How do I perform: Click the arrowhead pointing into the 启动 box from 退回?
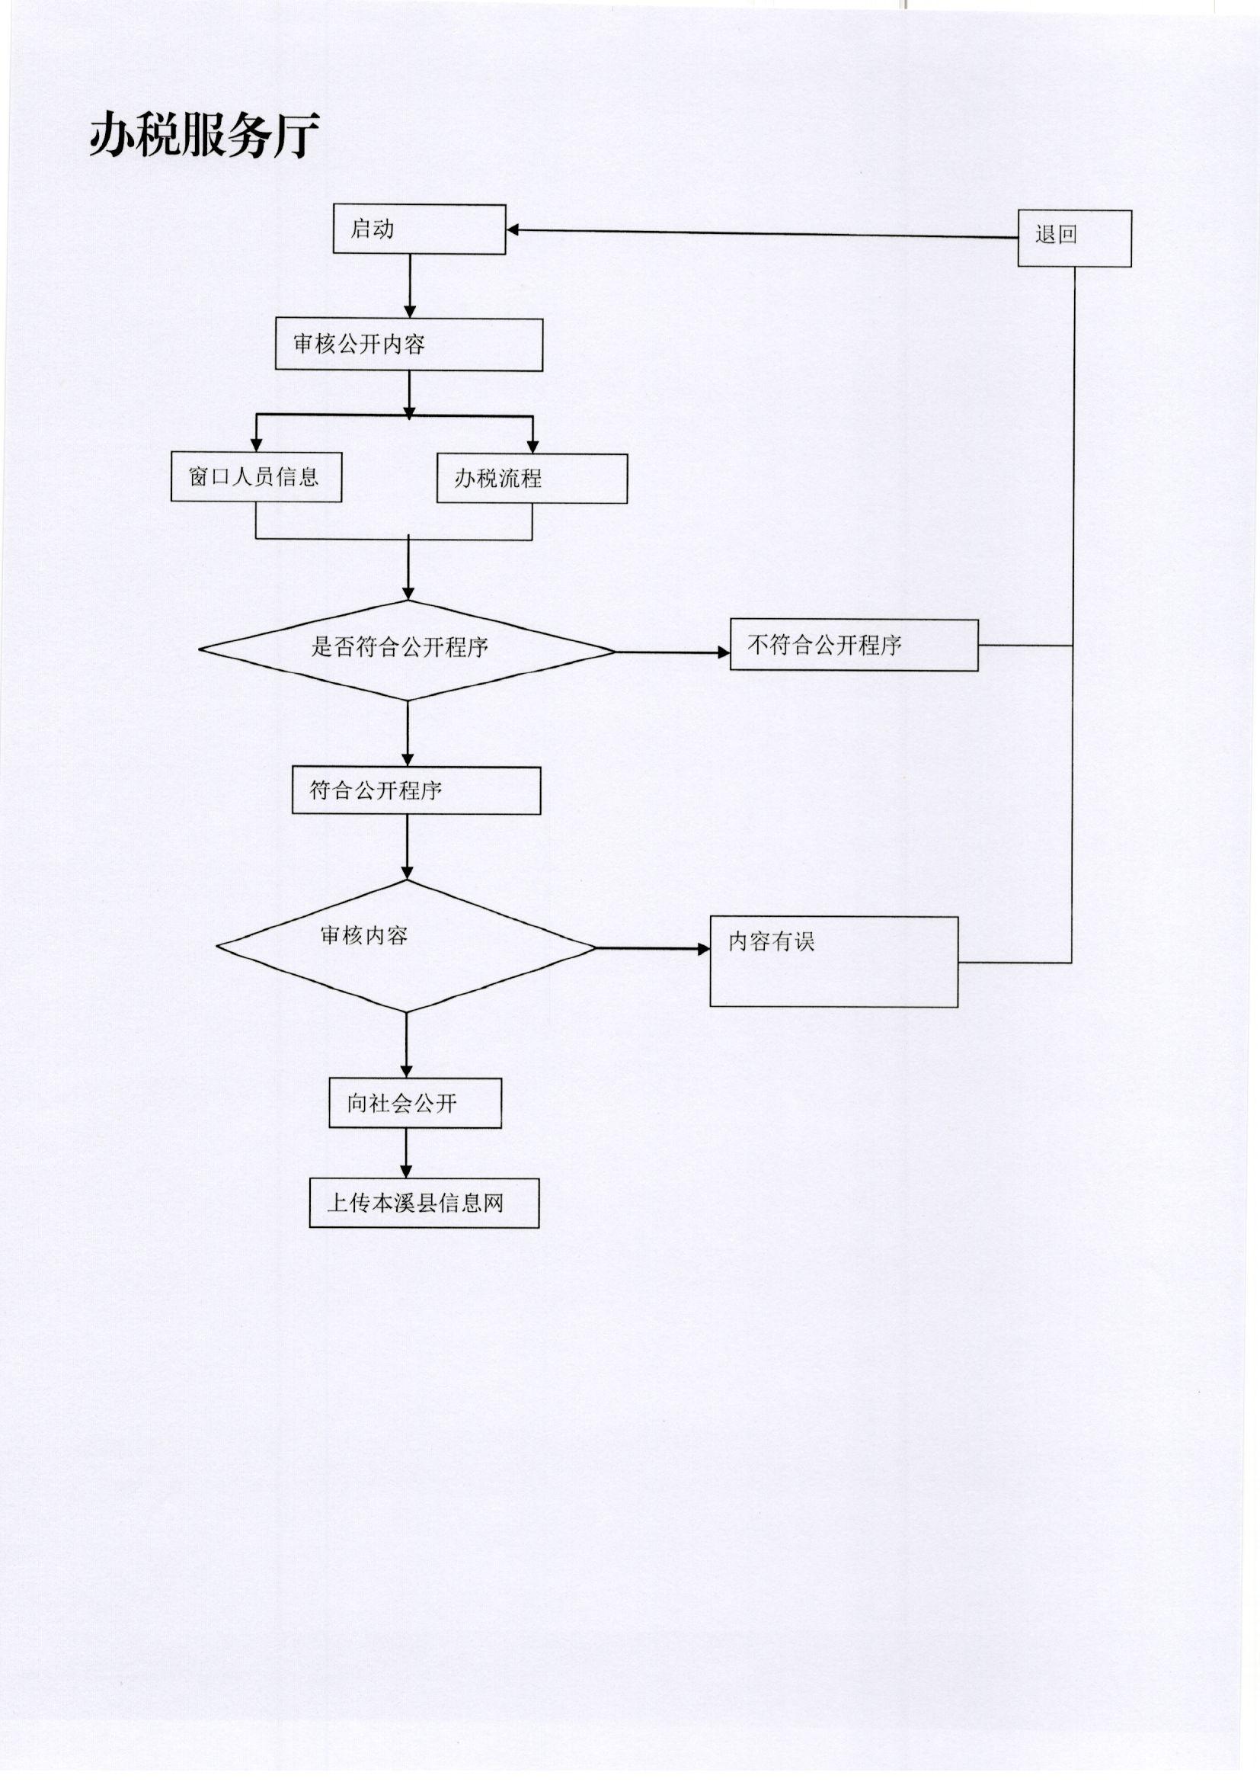(x=513, y=229)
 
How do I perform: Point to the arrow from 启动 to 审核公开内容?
(x=410, y=287)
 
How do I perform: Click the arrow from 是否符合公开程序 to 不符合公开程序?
(x=673, y=652)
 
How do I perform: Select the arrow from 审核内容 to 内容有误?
(x=654, y=948)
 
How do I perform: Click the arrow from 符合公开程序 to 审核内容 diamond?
(x=408, y=847)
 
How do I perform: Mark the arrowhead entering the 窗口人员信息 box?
(x=257, y=445)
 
